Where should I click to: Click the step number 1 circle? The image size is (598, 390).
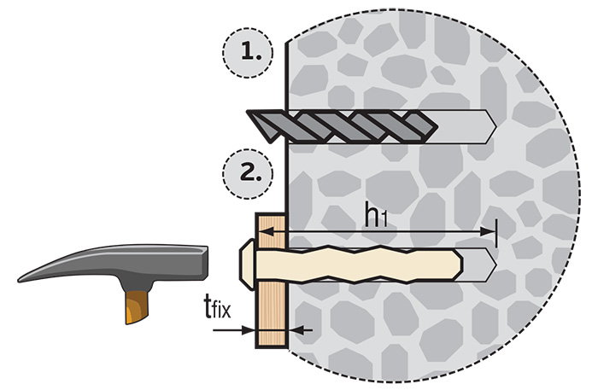coord(248,52)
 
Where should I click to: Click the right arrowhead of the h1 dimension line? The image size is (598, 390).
coord(490,231)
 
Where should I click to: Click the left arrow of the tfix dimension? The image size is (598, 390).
coord(249,329)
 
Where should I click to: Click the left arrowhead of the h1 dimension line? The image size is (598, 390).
coord(290,231)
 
